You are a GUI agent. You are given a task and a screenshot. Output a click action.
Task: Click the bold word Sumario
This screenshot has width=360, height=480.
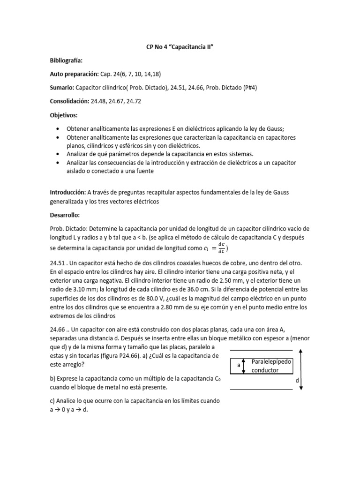[x=62, y=88]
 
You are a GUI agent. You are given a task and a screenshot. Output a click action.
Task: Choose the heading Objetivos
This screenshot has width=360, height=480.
[x=64, y=115]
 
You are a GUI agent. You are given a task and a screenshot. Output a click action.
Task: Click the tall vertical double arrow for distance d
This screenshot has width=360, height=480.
[x=301, y=369]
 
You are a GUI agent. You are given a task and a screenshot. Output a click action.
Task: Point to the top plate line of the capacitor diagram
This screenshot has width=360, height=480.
[x=261, y=350]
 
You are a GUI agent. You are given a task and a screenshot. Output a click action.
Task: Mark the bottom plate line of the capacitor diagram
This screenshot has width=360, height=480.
[x=261, y=389]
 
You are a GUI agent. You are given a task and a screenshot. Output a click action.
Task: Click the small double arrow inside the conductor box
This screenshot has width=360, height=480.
[x=244, y=366]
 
